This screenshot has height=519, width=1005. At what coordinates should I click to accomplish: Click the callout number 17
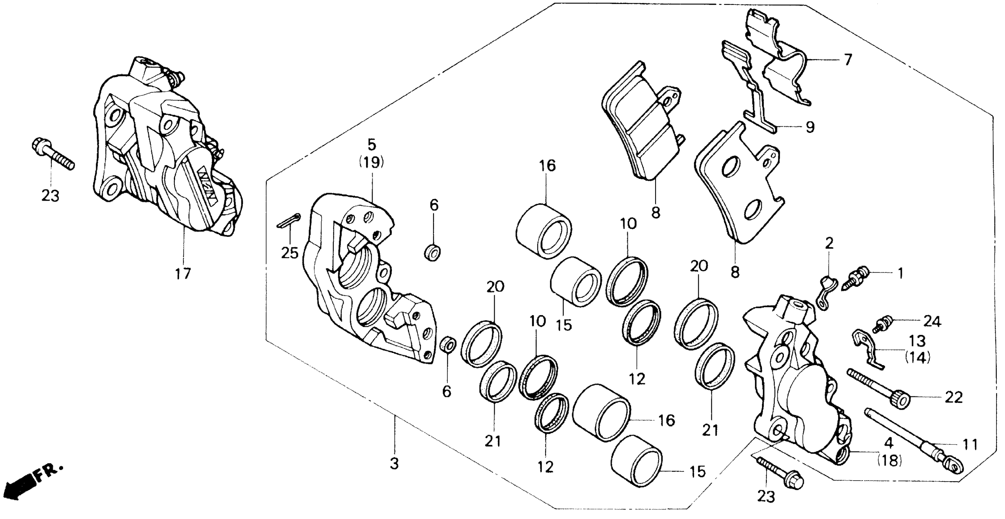point(183,274)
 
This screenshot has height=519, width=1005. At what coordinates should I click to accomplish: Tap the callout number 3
point(394,464)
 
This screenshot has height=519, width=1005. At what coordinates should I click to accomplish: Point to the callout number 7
point(847,60)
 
